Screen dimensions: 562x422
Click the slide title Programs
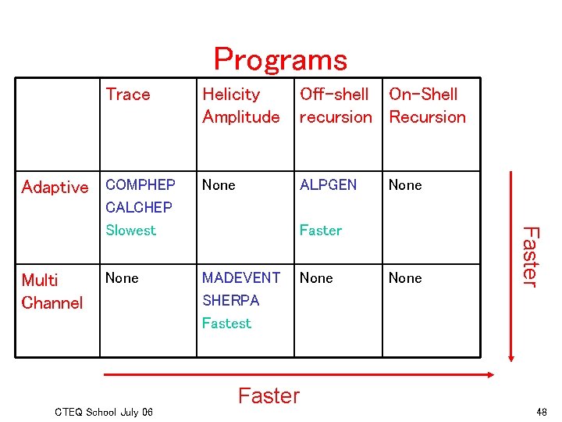(x=280, y=59)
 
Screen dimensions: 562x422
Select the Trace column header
(x=128, y=95)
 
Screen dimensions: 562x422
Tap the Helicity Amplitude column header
(x=240, y=105)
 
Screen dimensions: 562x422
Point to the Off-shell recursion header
(x=336, y=105)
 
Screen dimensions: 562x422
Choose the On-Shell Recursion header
(x=427, y=105)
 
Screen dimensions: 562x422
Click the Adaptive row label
(x=55, y=188)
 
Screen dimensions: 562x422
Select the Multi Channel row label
(x=52, y=291)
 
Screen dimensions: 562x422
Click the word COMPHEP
(x=140, y=185)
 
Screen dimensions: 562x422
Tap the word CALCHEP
(x=138, y=207)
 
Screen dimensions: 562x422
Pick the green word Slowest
(x=130, y=230)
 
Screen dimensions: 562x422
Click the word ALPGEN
(x=328, y=185)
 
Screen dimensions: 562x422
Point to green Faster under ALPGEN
(x=320, y=230)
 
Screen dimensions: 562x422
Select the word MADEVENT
(x=240, y=277)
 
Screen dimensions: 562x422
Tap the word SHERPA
(x=230, y=300)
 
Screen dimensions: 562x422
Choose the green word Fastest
(x=226, y=323)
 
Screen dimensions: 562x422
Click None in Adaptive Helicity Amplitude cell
(x=219, y=185)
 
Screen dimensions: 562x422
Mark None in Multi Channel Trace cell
(x=122, y=277)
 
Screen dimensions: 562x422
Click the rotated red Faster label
(x=531, y=256)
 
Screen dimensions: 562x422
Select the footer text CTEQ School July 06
(x=105, y=411)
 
